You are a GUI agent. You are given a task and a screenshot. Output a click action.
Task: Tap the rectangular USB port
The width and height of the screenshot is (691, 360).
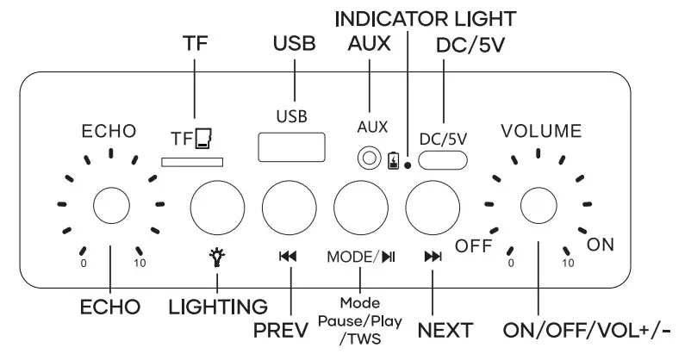coord(285,146)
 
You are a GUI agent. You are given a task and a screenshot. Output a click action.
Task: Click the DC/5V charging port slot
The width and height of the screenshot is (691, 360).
coord(443,159)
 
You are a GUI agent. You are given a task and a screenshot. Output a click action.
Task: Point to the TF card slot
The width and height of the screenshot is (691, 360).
coord(195,159)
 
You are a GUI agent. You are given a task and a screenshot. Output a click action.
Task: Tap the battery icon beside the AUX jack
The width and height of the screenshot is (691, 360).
coord(394,160)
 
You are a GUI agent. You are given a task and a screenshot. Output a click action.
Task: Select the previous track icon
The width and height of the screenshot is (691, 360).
coord(289,256)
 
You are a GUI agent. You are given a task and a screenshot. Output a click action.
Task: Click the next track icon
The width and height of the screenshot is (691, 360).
coord(433,256)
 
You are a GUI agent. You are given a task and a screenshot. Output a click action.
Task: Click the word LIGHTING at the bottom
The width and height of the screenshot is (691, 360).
coord(219,306)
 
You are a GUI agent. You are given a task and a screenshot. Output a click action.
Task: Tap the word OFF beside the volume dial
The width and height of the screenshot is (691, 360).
coord(473,246)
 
